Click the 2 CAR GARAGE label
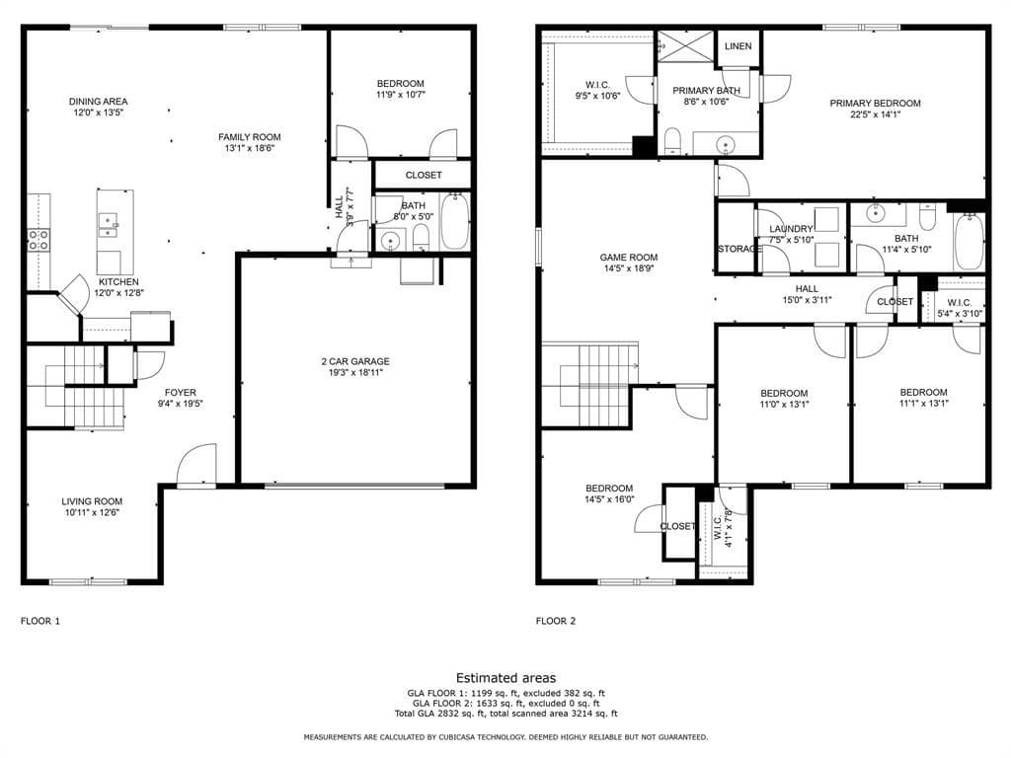[355, 361]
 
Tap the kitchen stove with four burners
[39, 240]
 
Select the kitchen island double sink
[108, 225]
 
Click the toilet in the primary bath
[672, 141]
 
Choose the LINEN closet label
[738, 46]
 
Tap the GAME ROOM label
[629, 258]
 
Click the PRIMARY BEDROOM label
[875, 103]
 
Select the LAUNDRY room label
[791, 229]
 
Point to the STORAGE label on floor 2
[737, 249]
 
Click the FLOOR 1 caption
[39, 622]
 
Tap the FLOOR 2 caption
[556, 622]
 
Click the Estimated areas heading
[505, 678]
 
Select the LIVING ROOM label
[92, 501]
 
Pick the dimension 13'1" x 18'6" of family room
[250, 148]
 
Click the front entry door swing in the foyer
[196, 463]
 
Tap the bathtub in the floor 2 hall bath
[969, 241]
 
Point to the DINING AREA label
[98, 102]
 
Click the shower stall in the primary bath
[685, 45]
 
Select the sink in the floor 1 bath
[390, 241]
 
